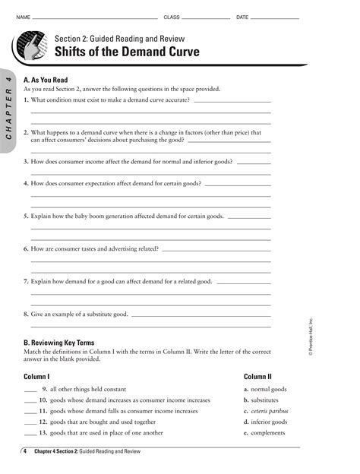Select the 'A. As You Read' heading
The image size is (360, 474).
(x=46, y=79)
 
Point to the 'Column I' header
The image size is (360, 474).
(x=36, y=376)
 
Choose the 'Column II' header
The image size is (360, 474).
(x=257, y=376)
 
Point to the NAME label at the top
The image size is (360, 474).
(x=23, y=17)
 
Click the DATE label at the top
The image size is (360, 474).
(x=242, y=17)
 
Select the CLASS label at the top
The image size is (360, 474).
(x=172, y=17)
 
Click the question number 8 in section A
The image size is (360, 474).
(x=27, y=313)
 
